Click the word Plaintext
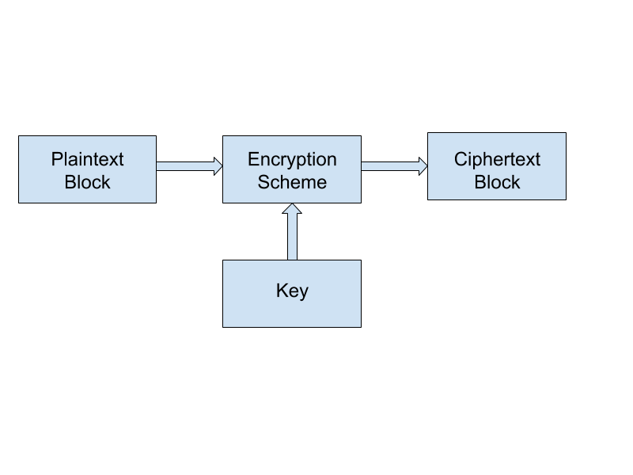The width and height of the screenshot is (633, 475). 87,159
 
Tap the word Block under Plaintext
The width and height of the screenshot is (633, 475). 87,182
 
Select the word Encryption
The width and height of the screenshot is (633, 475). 292,160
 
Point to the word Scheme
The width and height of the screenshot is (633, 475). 292,182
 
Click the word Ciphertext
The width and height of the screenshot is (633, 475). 497,159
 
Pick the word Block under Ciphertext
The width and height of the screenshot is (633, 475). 497,182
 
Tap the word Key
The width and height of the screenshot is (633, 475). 292,291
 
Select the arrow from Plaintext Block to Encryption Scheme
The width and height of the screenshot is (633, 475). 189,166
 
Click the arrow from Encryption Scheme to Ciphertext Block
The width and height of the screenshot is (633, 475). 394,166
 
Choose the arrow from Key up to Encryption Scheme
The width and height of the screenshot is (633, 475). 292,231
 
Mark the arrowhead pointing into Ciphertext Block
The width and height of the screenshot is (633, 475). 423,166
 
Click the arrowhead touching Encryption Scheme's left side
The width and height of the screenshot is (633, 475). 218,166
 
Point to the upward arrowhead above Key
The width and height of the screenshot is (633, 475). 292,208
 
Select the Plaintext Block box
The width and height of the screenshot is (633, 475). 87,169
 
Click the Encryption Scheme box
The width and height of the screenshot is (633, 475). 292,169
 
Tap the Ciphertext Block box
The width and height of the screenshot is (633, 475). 497,166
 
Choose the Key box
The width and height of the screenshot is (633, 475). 292,294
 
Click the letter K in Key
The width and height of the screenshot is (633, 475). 282,290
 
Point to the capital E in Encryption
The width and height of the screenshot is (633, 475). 253,159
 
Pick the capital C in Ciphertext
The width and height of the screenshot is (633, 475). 461,159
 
